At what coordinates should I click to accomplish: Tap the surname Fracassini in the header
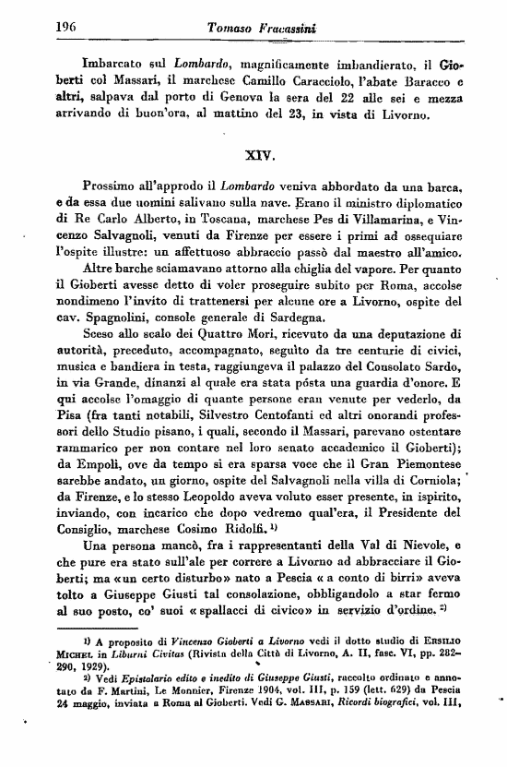click(294, 30)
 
